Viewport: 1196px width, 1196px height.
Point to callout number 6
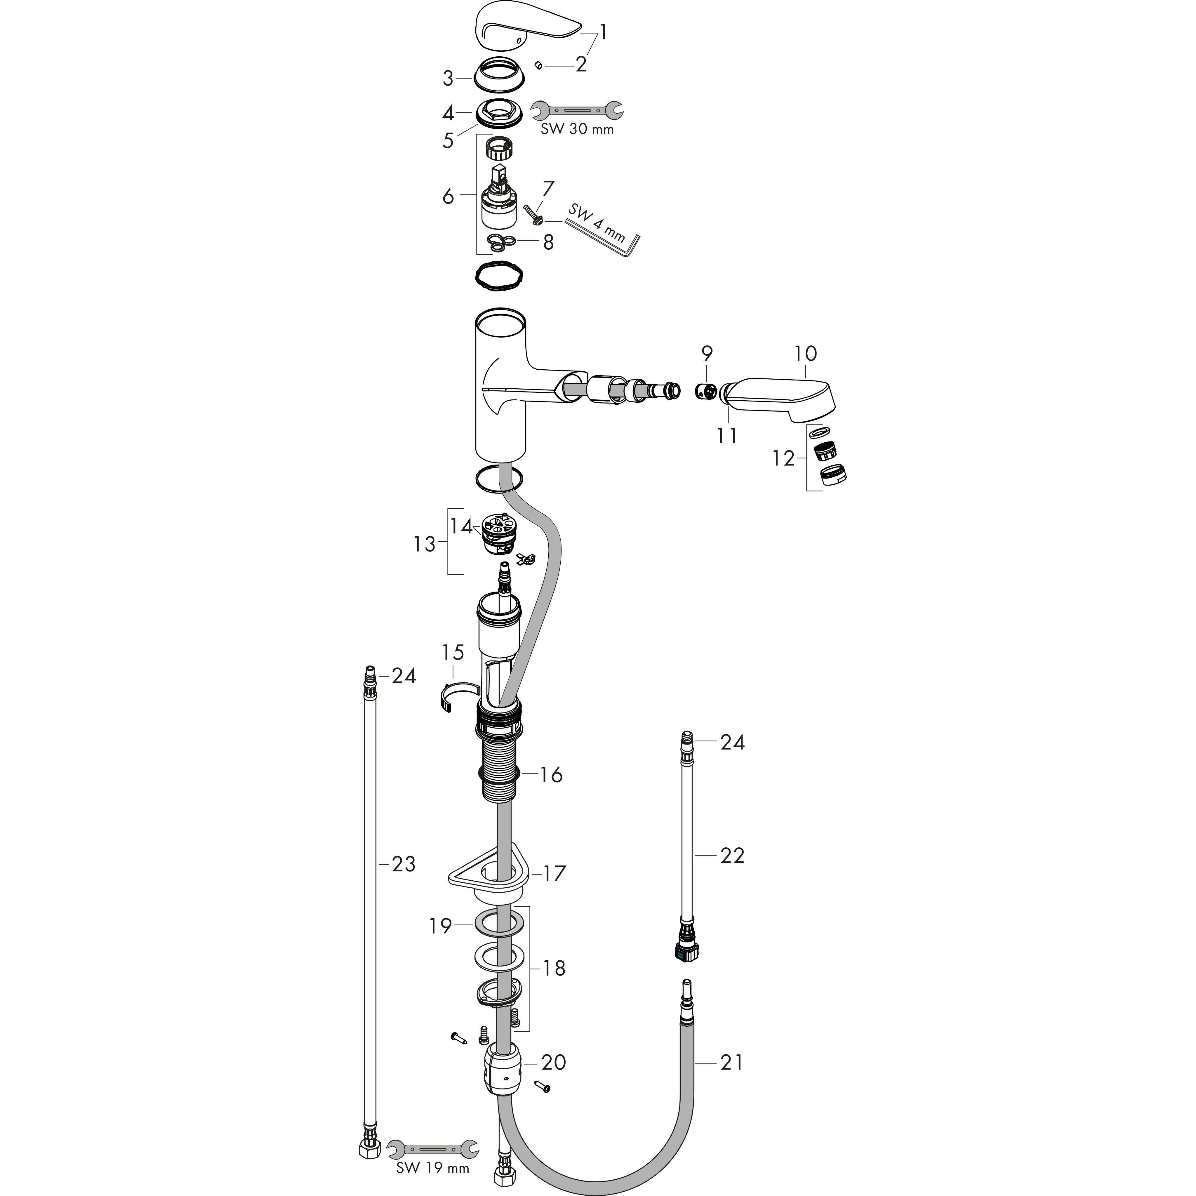click(448, 196)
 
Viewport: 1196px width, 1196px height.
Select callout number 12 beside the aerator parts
click(783, 459)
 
